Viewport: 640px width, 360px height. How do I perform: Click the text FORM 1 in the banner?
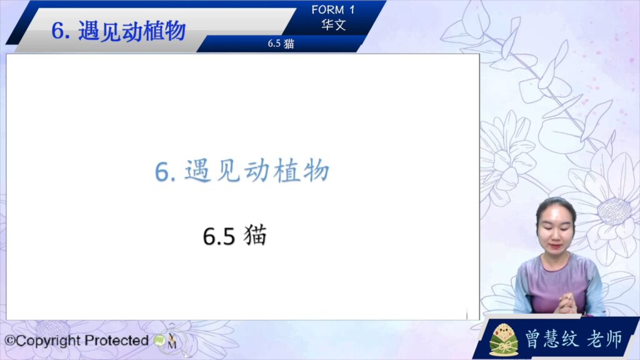tap(333, 9)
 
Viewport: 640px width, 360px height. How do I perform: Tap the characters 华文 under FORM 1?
tap(334, 25)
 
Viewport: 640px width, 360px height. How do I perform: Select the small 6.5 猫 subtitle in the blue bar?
tap(281, 44)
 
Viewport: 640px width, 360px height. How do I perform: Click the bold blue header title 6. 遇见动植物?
tap(118, 31)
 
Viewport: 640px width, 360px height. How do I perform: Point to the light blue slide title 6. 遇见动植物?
tap(242, 171)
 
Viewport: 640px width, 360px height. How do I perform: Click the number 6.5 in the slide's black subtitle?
tap(219, 236)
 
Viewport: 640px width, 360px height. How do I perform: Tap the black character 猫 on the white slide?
tap(255, 235)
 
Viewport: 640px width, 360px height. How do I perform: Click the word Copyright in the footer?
tap(47, 341)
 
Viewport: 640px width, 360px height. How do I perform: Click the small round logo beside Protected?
tap(159, 341)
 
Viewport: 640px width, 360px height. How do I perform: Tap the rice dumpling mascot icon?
tap(504, 339)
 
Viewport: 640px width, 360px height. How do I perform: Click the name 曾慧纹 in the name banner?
tap(551, 339)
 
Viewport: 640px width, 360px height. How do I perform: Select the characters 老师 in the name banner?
tap(605, 339)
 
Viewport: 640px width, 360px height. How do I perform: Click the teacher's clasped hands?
tap(570, 304)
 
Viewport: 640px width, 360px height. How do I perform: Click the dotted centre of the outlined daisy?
tap(614, 211)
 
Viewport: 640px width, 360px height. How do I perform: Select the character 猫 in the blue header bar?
tap(289, 44)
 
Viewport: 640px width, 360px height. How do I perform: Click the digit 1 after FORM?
tap(351, 9)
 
